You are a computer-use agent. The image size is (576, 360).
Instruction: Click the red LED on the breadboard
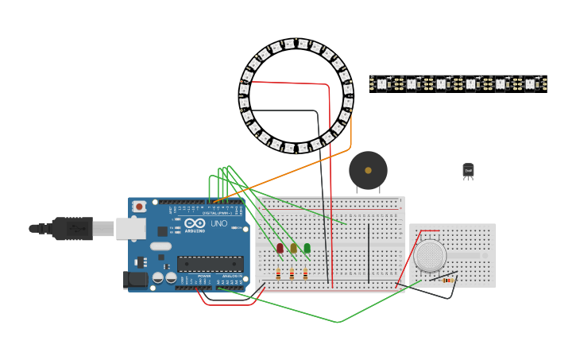(280, 248)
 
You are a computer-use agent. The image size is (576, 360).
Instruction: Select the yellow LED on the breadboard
(293, 248)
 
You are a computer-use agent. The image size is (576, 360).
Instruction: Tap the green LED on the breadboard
(307, 248)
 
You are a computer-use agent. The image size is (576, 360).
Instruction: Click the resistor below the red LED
(278, 273)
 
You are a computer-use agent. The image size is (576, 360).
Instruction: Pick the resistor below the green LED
(305, 273)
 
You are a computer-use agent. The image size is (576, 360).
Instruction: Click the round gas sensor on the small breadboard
(430, 256)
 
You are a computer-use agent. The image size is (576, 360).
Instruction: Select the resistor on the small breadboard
(447, 280)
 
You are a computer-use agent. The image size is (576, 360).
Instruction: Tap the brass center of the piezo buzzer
(368, 170)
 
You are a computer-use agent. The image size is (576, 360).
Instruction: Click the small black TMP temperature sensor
(468, 170)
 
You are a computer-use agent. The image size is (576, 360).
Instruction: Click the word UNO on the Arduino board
(218, 224)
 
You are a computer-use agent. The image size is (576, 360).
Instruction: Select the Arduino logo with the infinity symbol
(195, 223)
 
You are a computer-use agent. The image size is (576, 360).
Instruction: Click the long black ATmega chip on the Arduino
(210, 264)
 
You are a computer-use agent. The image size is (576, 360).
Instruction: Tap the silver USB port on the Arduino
(130, 229)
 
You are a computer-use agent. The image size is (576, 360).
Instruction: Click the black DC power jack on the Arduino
(134, 279)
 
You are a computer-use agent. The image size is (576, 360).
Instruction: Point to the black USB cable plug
(72, 229)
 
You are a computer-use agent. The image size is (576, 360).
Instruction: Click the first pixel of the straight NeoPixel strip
(381, 83)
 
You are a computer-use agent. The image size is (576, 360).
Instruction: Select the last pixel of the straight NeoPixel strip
(530, 83)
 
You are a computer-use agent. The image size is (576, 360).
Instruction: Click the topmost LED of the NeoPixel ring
(296, 42)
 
